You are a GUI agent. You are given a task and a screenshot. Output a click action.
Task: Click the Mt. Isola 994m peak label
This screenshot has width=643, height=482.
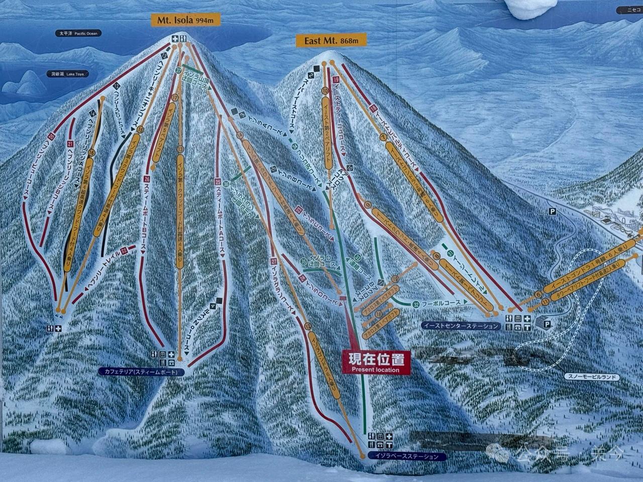[x=186, y=20]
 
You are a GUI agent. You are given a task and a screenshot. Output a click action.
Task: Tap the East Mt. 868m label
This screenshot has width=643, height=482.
[x=331, y=41]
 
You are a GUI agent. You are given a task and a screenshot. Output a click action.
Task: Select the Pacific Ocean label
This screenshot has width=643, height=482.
[x=78, y=33]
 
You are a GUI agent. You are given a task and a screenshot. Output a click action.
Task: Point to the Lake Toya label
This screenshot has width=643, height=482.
[x=67, y=74]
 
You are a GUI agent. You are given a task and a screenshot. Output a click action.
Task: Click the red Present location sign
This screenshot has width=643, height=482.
[x=376, y=362]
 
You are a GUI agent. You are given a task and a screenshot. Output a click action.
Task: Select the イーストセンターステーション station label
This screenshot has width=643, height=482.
[x=461, y=326]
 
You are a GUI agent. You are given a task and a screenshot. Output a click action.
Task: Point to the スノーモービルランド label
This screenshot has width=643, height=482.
[x=591, y=377]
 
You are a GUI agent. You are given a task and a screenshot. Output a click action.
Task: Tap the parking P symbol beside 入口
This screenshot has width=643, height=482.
[x=553, y=212]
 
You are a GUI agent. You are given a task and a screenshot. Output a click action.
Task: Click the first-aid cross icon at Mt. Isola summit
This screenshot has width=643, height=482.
[x=175, y=39]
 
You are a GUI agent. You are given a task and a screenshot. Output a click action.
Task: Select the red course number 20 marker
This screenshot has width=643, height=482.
[x=52, y=136]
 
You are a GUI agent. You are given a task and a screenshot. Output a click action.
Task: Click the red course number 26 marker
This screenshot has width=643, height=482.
[x=147, y=179]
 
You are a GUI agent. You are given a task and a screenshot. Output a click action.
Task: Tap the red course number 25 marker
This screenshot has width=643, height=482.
[x=218, y=181]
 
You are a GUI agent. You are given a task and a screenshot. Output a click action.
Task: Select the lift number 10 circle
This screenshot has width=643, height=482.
[x=325, y=90]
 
